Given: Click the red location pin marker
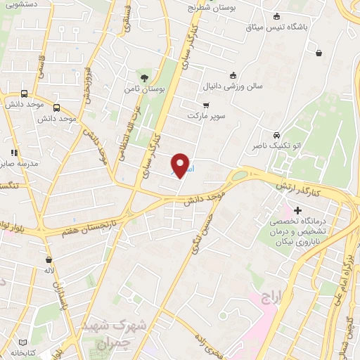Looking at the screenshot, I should point(181,165).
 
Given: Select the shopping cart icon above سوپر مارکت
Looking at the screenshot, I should point(205,104).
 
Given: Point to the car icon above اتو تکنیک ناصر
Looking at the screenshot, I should point(276,135).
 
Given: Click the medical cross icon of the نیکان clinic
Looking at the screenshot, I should point(298,210).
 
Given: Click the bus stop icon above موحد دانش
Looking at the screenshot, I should point(25,94).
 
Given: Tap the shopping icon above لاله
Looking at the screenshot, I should point(49,259).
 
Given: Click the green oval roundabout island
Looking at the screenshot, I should point(240,175).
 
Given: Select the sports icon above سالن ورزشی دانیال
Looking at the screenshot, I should point(233,76).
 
